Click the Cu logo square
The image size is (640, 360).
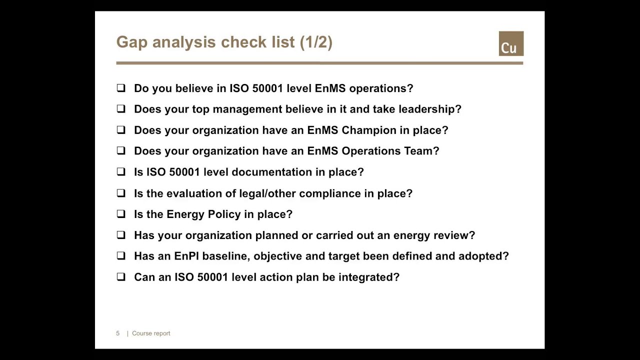[x=511, y=43]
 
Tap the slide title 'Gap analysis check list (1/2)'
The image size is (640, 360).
[x=224, y=42]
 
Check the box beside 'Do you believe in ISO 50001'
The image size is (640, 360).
[x=121, y=88]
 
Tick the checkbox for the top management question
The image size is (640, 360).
[x=121, y=109]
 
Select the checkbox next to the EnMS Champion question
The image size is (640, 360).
[x=121, y=130]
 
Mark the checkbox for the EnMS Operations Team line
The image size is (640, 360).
[x=121, y=151]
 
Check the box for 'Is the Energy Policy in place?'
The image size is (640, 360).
[x=121, y=214]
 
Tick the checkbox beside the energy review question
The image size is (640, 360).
[x=121, y=235]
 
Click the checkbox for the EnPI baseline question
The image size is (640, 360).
[x=121, y=256]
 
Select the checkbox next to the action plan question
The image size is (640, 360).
[x=121, y=277]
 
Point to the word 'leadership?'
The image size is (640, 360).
[x=429, y=109]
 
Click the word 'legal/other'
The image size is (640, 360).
[x=267, y=193]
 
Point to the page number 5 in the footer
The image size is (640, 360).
[x=118, y=333]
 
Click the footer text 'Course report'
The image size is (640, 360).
[x=151, y=333]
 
